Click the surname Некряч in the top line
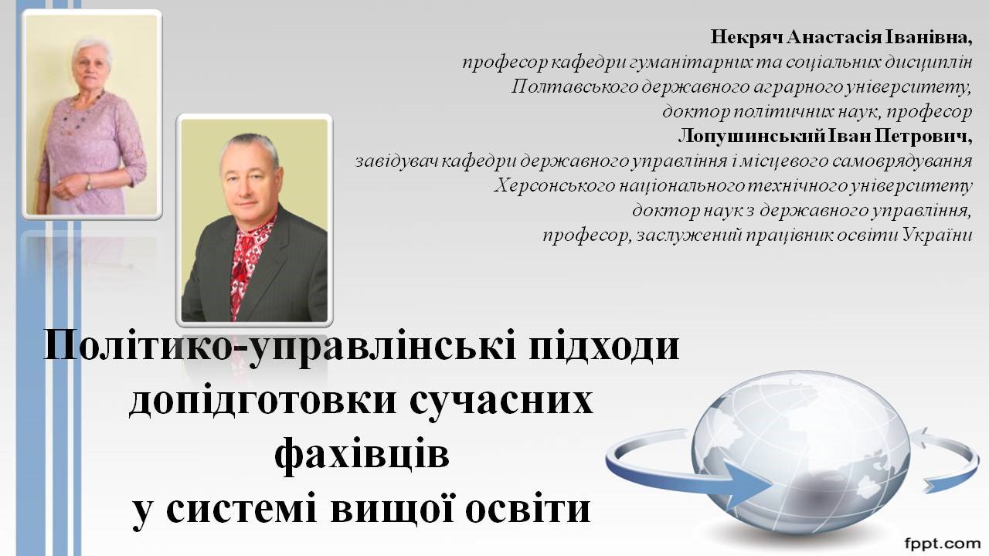(x=746, y=38)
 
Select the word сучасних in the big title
(x=502, y=401)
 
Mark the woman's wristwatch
(x=89, y=182)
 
